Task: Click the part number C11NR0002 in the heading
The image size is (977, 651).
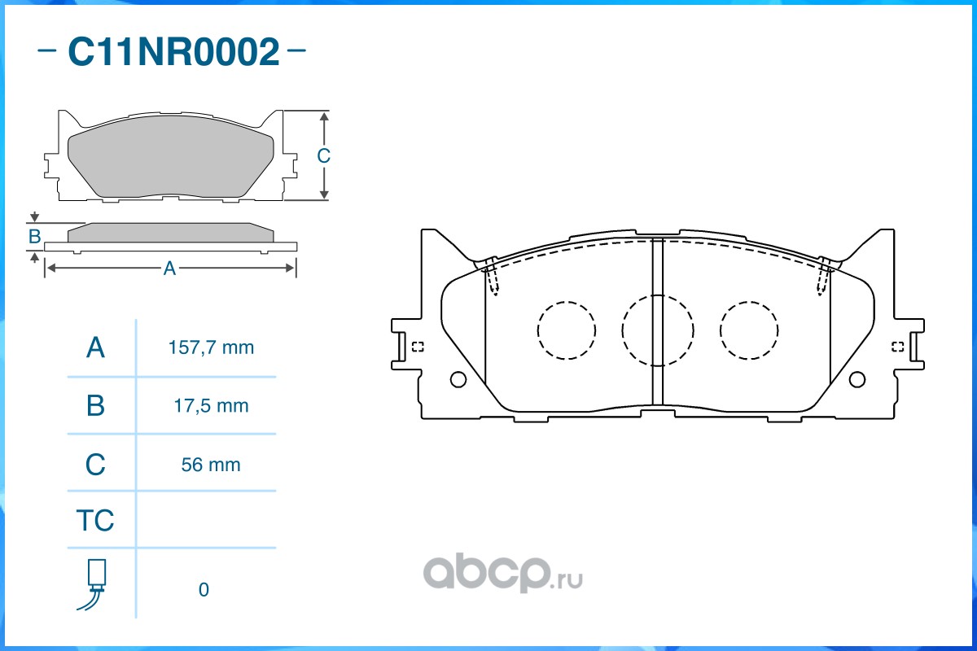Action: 173,53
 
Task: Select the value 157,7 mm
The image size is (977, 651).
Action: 211,348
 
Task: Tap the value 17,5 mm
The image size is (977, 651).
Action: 208,405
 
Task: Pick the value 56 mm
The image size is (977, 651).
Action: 211,465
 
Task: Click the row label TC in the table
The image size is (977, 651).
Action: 95,520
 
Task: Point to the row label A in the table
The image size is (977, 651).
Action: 95,348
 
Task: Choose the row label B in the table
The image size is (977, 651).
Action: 95,405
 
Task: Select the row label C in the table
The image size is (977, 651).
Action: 95,465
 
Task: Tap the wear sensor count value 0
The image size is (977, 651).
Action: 204,590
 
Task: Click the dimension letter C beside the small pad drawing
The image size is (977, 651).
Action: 323,155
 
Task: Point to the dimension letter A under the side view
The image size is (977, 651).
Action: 169,269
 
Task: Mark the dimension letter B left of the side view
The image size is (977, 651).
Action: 34,237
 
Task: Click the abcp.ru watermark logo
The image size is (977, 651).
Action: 501,575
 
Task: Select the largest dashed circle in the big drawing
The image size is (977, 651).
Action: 658,330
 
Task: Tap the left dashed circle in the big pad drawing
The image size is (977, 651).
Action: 567,330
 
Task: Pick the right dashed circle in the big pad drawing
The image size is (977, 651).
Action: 749,330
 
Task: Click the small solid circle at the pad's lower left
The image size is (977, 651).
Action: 458,379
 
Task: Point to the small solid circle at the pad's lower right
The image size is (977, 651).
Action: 857,379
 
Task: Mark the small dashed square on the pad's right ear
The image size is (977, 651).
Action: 897,347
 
